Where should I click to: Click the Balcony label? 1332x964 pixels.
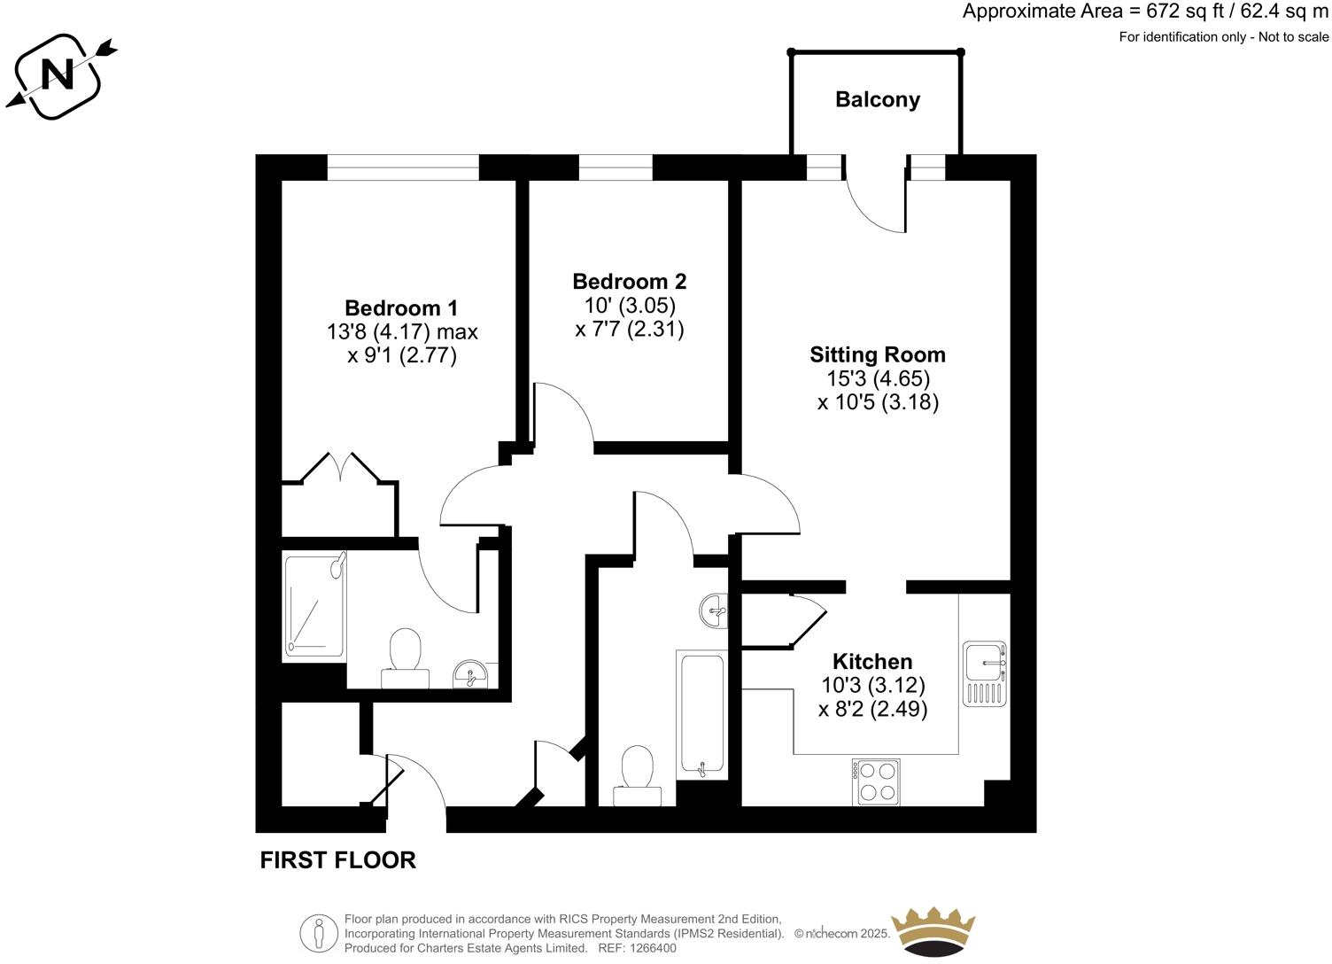[x=877, y=99]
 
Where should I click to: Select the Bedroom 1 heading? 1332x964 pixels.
[x=401, y=307]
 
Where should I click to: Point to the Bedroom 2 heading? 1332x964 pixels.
[x=629, y=281]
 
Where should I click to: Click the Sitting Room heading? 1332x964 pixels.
[x=877, y=354]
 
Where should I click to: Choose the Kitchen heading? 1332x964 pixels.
[x=871, y=661]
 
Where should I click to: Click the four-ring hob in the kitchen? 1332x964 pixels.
[x=875, y=781]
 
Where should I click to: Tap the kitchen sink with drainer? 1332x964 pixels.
[x=985, y=673]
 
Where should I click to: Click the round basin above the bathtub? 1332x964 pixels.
[x=714, y=610]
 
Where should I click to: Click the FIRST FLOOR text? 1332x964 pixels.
[x=337, y=859]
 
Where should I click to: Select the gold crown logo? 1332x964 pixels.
[x=933, y=931]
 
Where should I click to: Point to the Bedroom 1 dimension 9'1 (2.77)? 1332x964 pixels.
[x=401, y=356]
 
